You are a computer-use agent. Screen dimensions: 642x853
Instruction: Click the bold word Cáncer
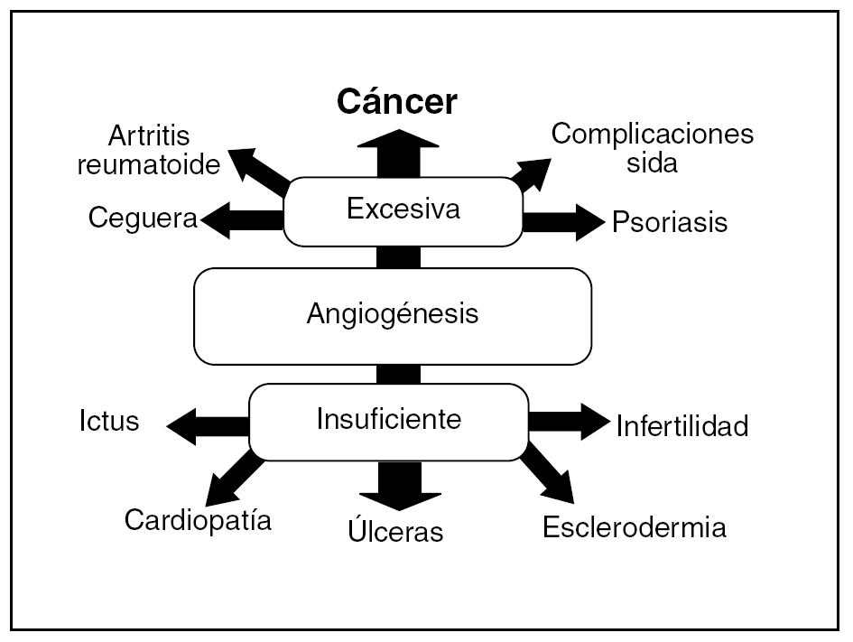pos(397,103)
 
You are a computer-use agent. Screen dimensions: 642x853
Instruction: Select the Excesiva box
pos(403,210)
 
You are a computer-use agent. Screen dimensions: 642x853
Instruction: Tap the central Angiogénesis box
pos(393,315)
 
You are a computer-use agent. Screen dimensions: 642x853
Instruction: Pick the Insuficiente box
pos(388,420)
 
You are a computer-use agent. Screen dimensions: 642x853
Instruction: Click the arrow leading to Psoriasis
pos(562,220)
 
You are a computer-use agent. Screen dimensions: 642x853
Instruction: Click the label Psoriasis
pos(669,222)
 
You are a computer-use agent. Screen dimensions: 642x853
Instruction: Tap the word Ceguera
pos(143,219)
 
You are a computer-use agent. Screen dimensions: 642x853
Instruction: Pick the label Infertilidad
pos(681,426)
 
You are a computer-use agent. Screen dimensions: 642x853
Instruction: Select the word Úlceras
pos(395,531)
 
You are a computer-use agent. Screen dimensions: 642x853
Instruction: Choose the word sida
pos(652,163)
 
